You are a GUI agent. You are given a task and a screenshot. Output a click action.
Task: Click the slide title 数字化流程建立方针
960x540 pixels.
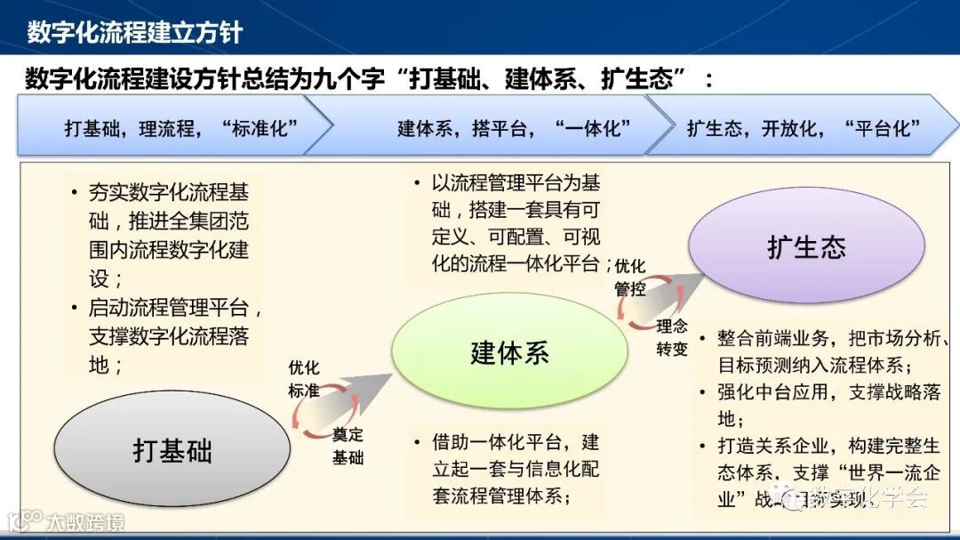click(x=134, y=33)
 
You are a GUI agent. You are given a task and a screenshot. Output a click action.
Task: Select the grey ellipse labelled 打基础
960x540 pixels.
click(x=172, y=449)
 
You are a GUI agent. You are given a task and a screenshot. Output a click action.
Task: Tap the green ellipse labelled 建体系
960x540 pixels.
click(x=509, y=352)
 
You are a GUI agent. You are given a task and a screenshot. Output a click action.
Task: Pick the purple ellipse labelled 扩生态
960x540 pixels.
click(x=806, y=246)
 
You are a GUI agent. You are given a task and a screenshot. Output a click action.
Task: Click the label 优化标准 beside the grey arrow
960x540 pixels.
click(x=304, y=379)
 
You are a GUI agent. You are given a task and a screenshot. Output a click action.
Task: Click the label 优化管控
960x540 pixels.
click(x=630, y=277)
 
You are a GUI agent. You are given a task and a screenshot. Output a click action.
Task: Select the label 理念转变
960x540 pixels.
click(x=672, y=336)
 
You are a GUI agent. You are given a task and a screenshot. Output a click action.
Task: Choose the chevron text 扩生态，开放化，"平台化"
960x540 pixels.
click(x=803, y=127)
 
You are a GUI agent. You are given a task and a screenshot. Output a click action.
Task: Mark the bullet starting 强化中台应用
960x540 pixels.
click(x=827, y=405)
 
